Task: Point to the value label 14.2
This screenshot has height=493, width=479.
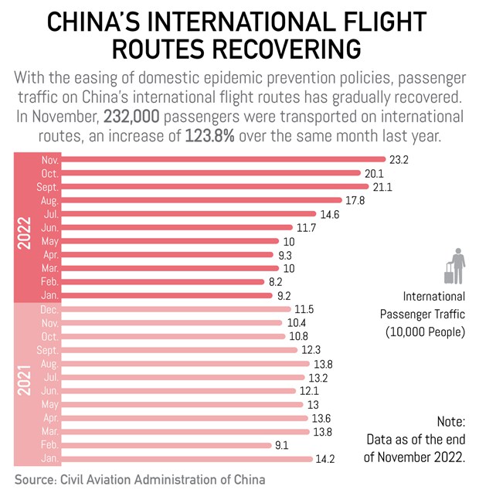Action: point(324,458)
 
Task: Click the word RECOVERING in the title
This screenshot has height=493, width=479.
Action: point(277,48)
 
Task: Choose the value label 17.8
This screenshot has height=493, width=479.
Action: point(356,200)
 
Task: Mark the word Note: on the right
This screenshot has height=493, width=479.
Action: point(449,422)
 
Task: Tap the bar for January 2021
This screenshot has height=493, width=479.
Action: point(186,458)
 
